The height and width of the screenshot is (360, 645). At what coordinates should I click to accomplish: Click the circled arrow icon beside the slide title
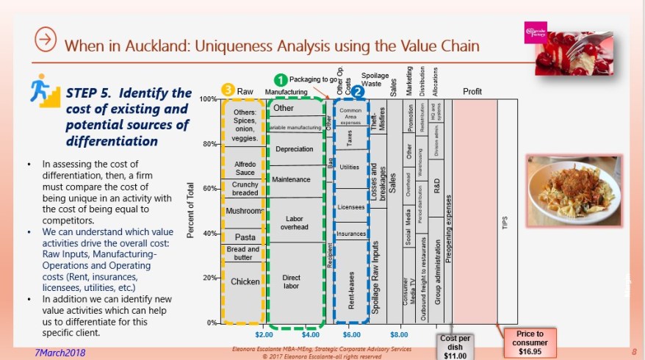tap(46, 41)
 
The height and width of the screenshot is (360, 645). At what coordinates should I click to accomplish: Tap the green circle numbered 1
tap(279, 78)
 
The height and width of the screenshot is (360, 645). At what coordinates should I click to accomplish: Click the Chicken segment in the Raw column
tap(245, 281)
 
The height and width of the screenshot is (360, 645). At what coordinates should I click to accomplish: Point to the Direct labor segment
tap(291, 282)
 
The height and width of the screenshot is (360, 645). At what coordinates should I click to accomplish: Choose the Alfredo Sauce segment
tap(244, 168)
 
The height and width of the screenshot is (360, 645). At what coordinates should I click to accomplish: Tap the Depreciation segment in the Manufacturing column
tap(294, 149)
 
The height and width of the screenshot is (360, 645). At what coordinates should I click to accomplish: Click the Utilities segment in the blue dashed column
tap(350, 168)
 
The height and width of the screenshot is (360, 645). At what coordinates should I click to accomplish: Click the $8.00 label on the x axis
tap(399, 334)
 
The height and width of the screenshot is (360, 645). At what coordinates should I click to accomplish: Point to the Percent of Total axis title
tap(190, 211)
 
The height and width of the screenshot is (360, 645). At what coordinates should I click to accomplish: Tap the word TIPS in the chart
tap(505, 222)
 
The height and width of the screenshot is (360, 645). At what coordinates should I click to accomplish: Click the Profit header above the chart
tap(472, 91)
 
